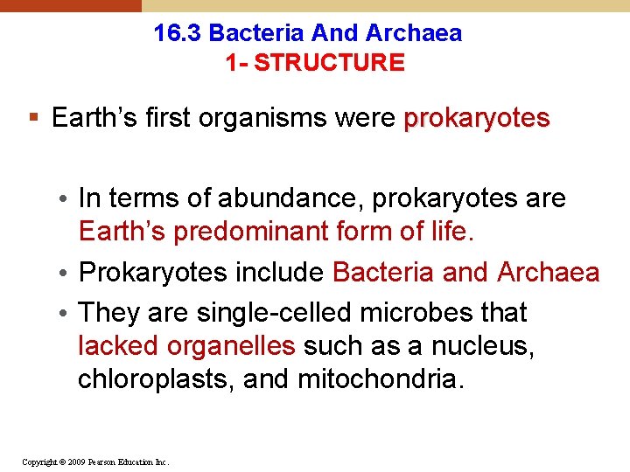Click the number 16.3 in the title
(178, 34)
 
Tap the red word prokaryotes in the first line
(477, 118)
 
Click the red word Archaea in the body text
(548, 273)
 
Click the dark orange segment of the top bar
(70, 5)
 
